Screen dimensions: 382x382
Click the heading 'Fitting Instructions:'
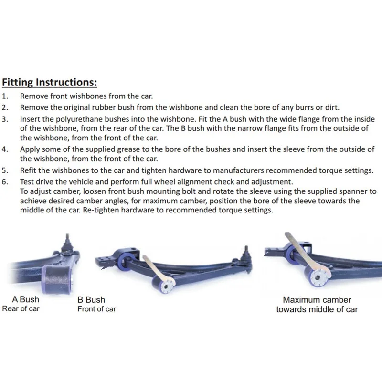tap(50, 82)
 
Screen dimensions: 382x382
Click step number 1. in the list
tap(5, 96)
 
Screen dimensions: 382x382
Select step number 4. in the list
tap(5, 149)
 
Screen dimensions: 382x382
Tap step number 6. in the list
tap(5, 182)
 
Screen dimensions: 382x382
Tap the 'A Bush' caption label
tap(26, 299)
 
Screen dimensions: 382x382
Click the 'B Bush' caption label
tap(91, 299)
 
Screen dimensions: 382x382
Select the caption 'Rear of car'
tap(21, 308)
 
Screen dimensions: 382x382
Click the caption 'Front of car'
tap(97, 309)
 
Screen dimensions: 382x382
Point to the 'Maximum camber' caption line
tap(317, 300)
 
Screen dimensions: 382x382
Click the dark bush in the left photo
tap(57, 280)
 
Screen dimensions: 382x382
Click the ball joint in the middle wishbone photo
tap(245, 255)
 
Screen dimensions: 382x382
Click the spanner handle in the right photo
tap(297, 248)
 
